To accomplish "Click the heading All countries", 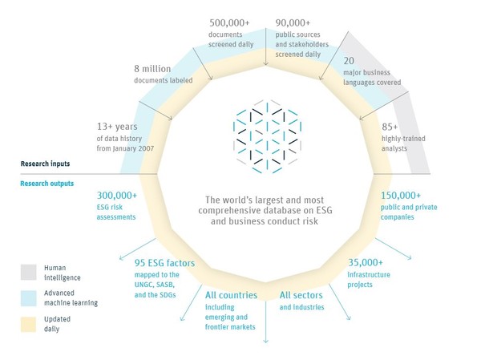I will [x=232, y=295].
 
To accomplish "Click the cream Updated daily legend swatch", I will [x=29, y=322].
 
